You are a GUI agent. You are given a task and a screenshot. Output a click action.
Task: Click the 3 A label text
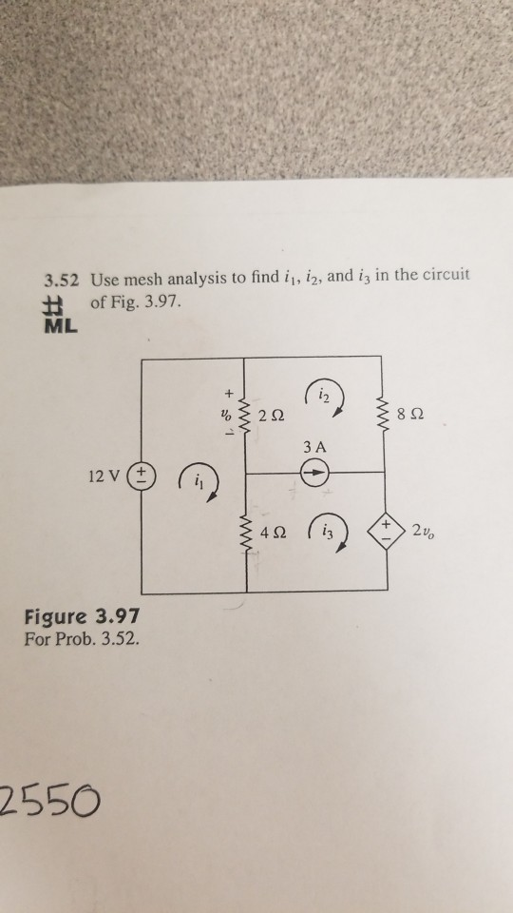[316, 447]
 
